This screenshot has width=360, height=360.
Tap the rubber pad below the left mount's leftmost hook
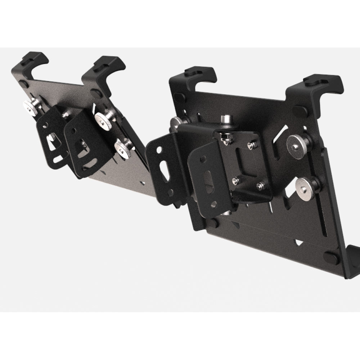(x=24, y=85)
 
